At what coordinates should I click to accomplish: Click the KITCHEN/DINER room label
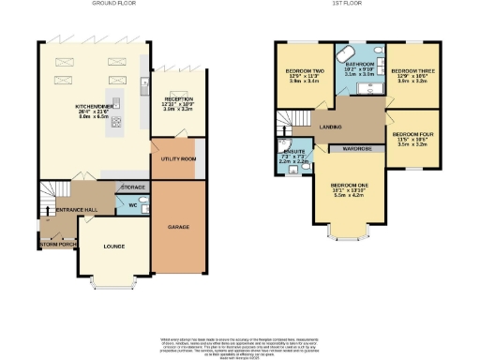pos(95,106)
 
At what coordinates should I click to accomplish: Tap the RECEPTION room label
pos(178,98)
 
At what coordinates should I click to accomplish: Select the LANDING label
pos(328,127)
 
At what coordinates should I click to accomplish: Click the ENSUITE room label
pos(292,150)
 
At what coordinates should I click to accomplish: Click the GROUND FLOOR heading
pos(114,5)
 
